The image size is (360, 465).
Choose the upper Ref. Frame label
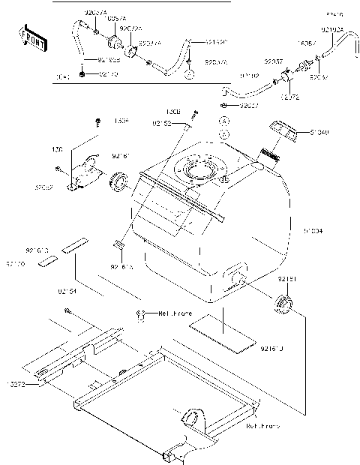pos(175,313)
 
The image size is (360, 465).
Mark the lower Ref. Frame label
pos(262,425)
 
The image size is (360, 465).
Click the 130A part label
pos(121,120)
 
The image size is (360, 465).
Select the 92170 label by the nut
pos(109,75)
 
